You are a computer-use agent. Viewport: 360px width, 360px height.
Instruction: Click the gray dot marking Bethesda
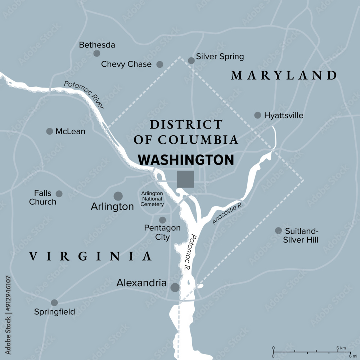(x=96, y=53)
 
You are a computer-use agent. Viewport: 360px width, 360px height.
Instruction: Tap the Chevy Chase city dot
(x=159, y=64)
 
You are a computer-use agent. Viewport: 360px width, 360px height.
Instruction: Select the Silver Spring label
(x=220, y=57)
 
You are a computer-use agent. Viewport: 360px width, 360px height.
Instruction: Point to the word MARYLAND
(x=284, y=76)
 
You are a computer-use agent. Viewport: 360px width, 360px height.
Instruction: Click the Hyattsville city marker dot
(x=257, y=115)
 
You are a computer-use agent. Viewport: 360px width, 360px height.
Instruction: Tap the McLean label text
(x=70, y=131)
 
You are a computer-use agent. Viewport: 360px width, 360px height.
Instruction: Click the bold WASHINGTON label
(x=186, y=160)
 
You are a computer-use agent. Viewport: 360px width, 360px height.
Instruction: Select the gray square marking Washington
(x=185, y=179)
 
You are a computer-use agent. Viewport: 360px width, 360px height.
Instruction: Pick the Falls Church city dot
(x=59, y=194)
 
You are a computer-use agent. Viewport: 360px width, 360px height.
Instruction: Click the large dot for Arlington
(x=118, y=196)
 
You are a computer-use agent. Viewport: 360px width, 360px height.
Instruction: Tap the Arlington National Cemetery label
(x=152, y=199)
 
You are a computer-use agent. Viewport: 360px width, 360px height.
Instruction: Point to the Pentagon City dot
(x=163, y=220)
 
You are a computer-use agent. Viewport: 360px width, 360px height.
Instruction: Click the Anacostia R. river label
(x=228, y=213)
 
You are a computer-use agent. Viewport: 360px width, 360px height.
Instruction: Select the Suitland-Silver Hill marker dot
(x=278, y=230)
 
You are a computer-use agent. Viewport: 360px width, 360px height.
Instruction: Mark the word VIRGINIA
(x=90, y=256)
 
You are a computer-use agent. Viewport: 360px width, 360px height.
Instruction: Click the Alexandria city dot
(x=175, y=287)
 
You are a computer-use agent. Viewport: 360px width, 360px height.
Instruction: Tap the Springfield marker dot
(x=54, y=302)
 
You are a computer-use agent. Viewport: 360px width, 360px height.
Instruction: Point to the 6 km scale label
(x=341, y=348)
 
